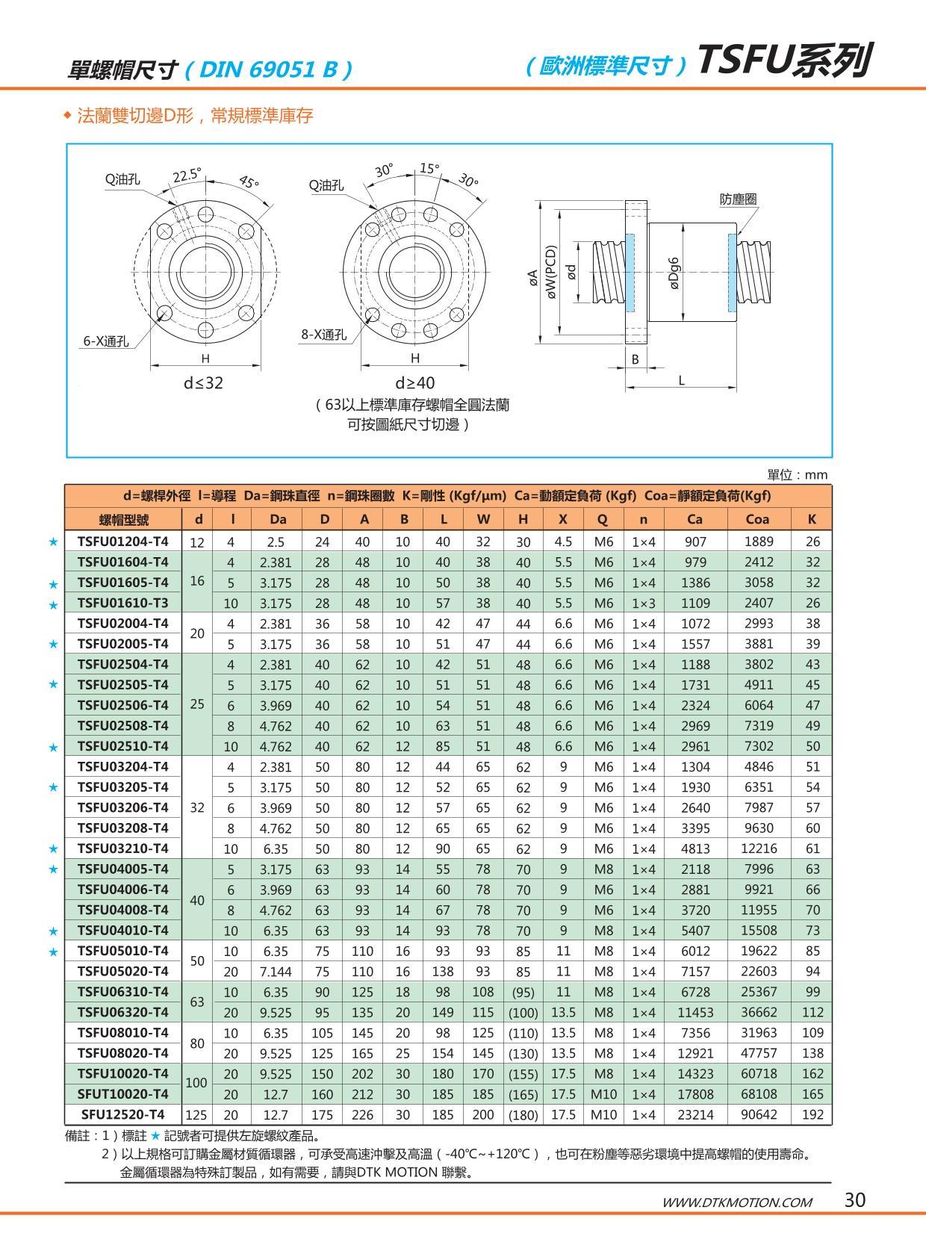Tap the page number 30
point(855,1200)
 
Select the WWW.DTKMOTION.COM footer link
point(737,1202)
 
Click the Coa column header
point(758,519)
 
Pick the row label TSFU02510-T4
point(123,745)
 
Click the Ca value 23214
point(695,1114)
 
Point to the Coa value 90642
point(759,1114)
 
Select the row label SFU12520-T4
point(123,1114)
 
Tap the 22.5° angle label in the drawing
point(187,176)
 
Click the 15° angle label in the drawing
point(429,169)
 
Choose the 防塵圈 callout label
point(739,199)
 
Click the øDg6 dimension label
point(674,273)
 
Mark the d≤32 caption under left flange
point(203,383)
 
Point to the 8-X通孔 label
point(324,335)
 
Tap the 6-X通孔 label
point(105,341)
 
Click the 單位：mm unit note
point(798,475)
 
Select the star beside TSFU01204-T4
point(53,542)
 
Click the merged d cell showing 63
point(197,1002)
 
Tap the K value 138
point(812,1053)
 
